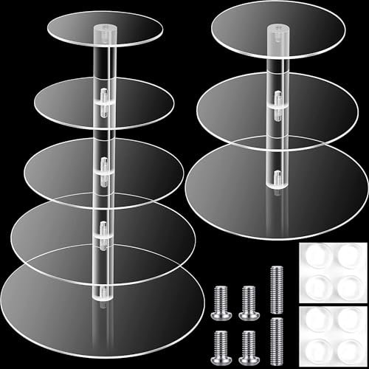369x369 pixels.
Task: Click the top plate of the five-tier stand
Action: tap(70, 30)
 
